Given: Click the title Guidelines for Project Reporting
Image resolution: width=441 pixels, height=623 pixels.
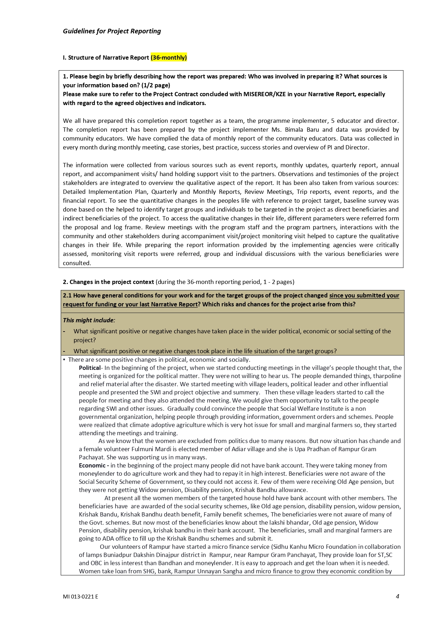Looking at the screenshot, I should coord(112,31).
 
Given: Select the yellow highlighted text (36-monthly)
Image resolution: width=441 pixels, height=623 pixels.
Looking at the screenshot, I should coord(169,58).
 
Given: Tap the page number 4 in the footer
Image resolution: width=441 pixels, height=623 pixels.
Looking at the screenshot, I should coord(397,596).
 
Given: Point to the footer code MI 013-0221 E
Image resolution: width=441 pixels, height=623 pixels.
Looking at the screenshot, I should coord(80,597).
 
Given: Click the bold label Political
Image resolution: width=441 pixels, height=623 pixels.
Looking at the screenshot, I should coord(90,368).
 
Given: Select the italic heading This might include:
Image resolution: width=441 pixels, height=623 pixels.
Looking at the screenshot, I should coord(89,320).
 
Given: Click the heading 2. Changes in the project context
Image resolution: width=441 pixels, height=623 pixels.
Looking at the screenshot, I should coord(108,282).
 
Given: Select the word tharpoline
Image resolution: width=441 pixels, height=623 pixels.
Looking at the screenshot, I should coord(386,376).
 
